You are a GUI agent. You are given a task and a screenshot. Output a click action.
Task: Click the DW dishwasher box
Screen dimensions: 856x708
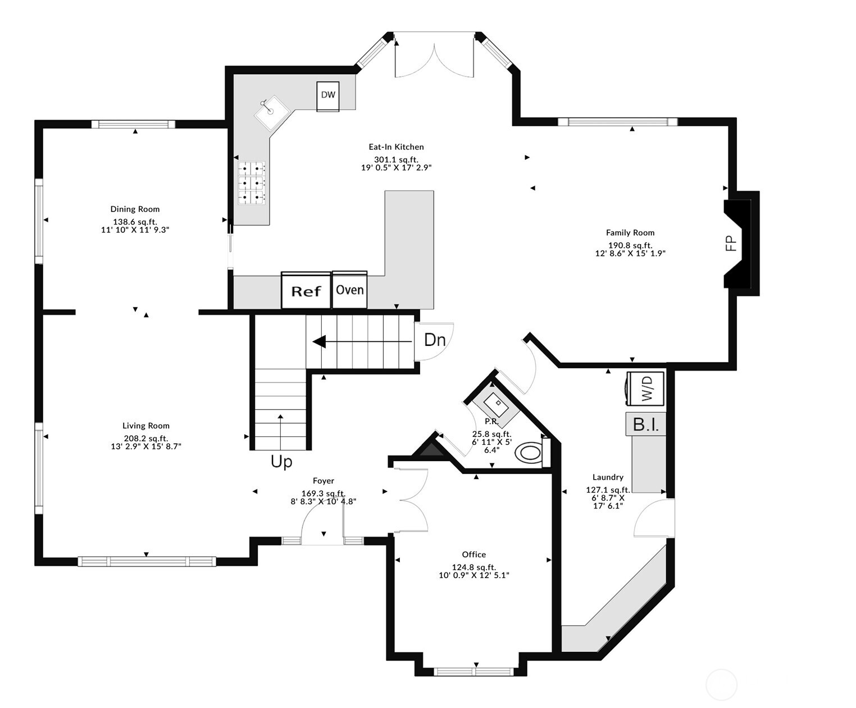click(327, 96)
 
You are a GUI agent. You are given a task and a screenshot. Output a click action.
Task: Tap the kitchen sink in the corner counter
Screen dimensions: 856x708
click(272, 113)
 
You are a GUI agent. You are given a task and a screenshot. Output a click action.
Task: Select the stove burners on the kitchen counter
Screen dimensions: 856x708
click(251, 183)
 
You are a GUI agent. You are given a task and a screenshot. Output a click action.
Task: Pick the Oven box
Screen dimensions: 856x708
click(350, 290)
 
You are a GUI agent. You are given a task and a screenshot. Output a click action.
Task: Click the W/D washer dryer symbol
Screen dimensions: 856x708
click(645, 388)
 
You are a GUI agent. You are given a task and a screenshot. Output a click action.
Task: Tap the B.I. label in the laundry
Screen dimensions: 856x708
click(646, 425)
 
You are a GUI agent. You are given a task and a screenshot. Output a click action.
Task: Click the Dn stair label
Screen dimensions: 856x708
click(435, 340)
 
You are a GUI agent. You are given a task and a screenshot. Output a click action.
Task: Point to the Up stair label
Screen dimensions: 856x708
click(281, 462)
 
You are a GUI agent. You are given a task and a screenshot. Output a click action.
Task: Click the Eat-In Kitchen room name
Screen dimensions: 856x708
click(396, 147)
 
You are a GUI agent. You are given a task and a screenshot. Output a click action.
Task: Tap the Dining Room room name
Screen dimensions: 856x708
click(135, 209)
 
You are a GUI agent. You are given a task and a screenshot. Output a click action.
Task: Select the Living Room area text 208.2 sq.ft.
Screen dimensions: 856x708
click(146, 438)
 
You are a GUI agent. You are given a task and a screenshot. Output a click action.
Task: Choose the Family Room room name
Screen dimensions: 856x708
click(630, 233)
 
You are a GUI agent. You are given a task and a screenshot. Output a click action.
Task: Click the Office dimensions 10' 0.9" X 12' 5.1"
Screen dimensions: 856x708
click(474, 575)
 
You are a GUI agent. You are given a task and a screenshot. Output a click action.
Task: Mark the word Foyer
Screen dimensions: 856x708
click(324, 481)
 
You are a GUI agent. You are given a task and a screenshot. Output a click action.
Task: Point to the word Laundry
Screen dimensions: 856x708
click(608, 477)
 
